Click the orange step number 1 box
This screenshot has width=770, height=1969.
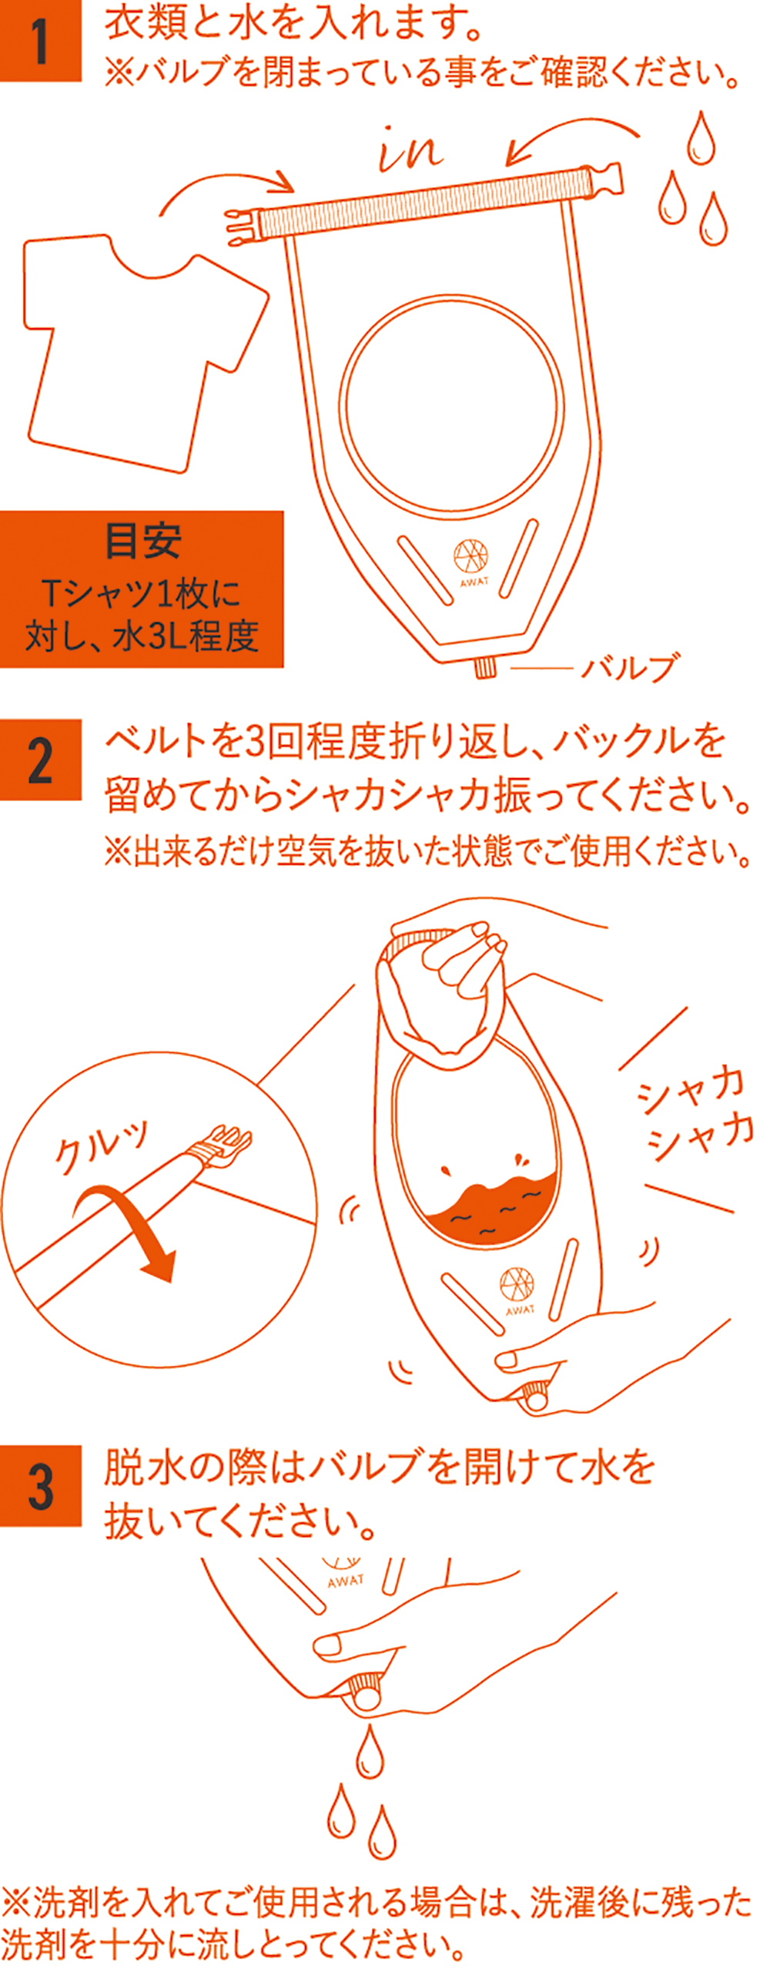40,40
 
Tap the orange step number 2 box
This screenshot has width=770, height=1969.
40,760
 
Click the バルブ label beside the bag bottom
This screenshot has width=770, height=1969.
631,667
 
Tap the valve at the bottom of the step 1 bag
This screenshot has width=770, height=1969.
485,666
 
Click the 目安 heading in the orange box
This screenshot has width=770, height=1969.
142,541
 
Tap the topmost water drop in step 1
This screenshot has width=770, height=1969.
700,139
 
